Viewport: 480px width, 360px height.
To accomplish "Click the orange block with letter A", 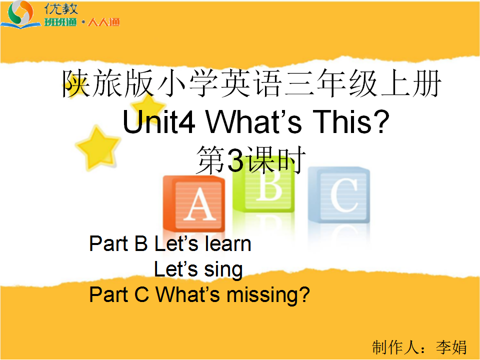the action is pyautogui.click(x=194, y=203).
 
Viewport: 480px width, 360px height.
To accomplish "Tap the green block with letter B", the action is pyautogui.click(x=263, y=186).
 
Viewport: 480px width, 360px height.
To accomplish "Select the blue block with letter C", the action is pyautogui.click(x=339, y=195).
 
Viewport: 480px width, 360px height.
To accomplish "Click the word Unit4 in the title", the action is pyautogui.click(x=159, y=122).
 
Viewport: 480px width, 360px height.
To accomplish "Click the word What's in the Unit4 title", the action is pyautogui.click(x=254, y=122).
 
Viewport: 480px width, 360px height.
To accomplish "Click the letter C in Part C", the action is pyautogui.click(x=141, y=294).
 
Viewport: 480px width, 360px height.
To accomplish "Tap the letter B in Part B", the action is pyautogui.click(x=141, y=243).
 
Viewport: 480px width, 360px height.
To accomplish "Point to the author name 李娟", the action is pyautogui.click(x=451, y=347).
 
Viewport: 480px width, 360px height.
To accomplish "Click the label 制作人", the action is pyautogui.click(x=395, y=347).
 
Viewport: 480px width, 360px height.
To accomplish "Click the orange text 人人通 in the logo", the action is pyautogui.click(x=104, y=22).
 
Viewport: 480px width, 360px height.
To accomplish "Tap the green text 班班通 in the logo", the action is pyautogui.click(x=60, y=22).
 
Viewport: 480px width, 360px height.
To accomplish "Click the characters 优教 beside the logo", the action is pyautogui.click(x=61, y=9).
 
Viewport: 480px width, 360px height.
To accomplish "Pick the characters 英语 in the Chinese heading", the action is pyautogui.click(x=251, y=83).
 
